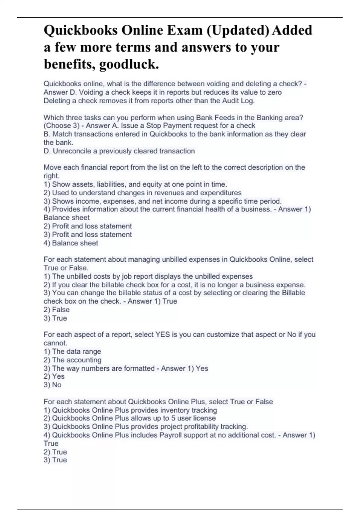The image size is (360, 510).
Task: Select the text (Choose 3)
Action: [x=61, y=126]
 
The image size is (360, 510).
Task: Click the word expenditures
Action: [x=220, y=193]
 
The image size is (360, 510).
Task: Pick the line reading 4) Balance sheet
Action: [x=71, y=243]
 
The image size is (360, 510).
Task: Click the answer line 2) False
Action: [x=57, y=310]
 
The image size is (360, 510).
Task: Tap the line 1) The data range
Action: [x=72, y=351]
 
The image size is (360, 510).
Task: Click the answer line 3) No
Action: [x=52, y=385]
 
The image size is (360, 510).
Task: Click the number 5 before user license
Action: [x=173, y=418]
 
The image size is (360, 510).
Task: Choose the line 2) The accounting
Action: [x=73, y=360]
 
